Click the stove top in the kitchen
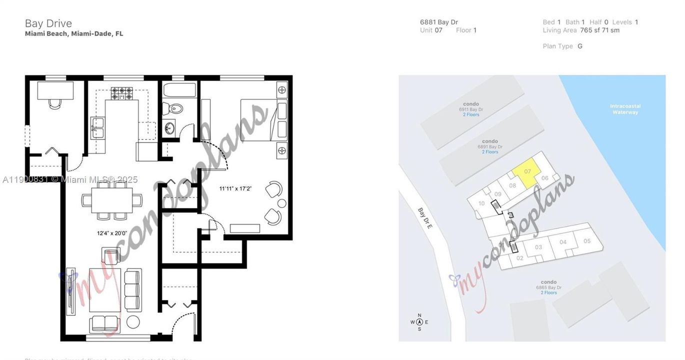(x=122, y=93)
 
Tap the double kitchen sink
(x=97, y=128)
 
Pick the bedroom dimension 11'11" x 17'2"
(x=235, y=189)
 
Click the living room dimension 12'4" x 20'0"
(x=112, y=233)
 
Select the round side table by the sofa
(x=133, y=321)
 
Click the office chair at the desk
(x=55, y=103)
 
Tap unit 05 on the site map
(x=587, y=241)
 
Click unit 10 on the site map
(x=481, y=203)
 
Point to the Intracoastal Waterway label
(x=625, y=109)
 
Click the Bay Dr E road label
(x=425, y=218)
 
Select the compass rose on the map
(x=419, y=321)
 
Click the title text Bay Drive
(x=48, y=23)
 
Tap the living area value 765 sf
(x=586, y=30)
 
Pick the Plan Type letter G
(x=580, y=46)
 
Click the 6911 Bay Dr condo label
(x=471, y=109)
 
